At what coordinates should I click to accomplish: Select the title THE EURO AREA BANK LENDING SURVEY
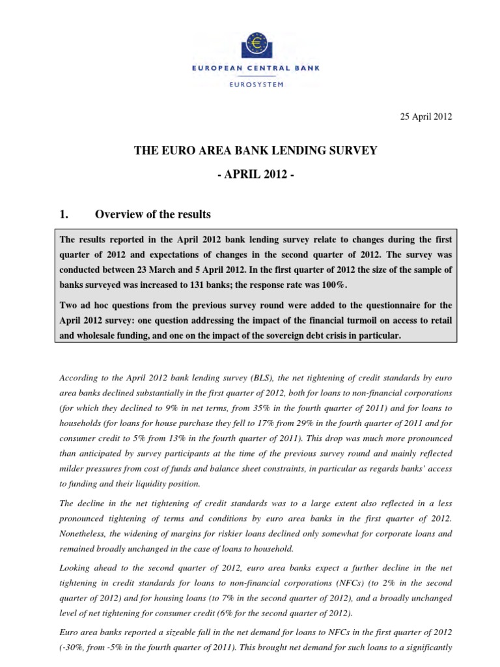255,151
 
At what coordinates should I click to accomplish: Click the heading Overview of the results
153,215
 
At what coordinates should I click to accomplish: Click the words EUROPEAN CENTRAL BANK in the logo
255,68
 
